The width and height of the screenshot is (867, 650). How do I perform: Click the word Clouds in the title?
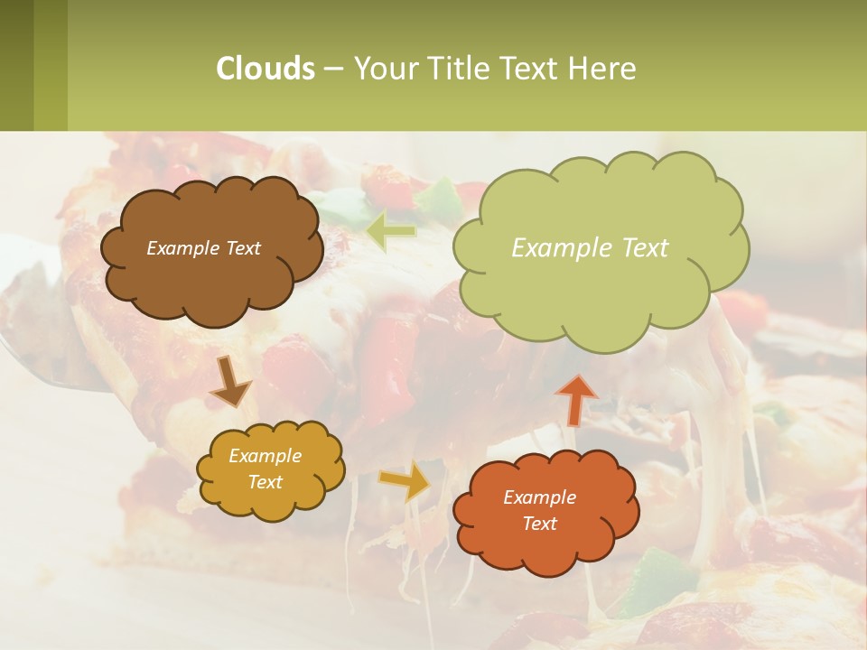pyautogui.click(x=265, y=69)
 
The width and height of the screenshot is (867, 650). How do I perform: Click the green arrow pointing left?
pyautogui.click(x=390, y=231)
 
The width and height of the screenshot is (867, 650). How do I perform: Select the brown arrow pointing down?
pyautogui.click(x=230, y=382)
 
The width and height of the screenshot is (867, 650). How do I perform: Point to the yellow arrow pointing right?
pyautogui.click(x=406, y=480)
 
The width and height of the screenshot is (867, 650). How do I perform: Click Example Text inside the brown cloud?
pyautogui.click(x=203, y=248)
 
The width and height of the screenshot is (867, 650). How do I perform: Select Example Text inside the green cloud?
pyautogui.click(x=590, y=248)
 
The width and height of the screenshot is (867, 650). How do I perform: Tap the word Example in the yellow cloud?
pyautogui.click(x=265, y=456)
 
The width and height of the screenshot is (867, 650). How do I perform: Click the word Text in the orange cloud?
pyautogui.click(x=539, y=524)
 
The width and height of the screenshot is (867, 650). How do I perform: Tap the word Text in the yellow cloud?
pyautogui.click(x=265, y=482)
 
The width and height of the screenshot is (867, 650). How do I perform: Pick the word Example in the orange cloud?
pyautogui.click(x=539, y=497)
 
